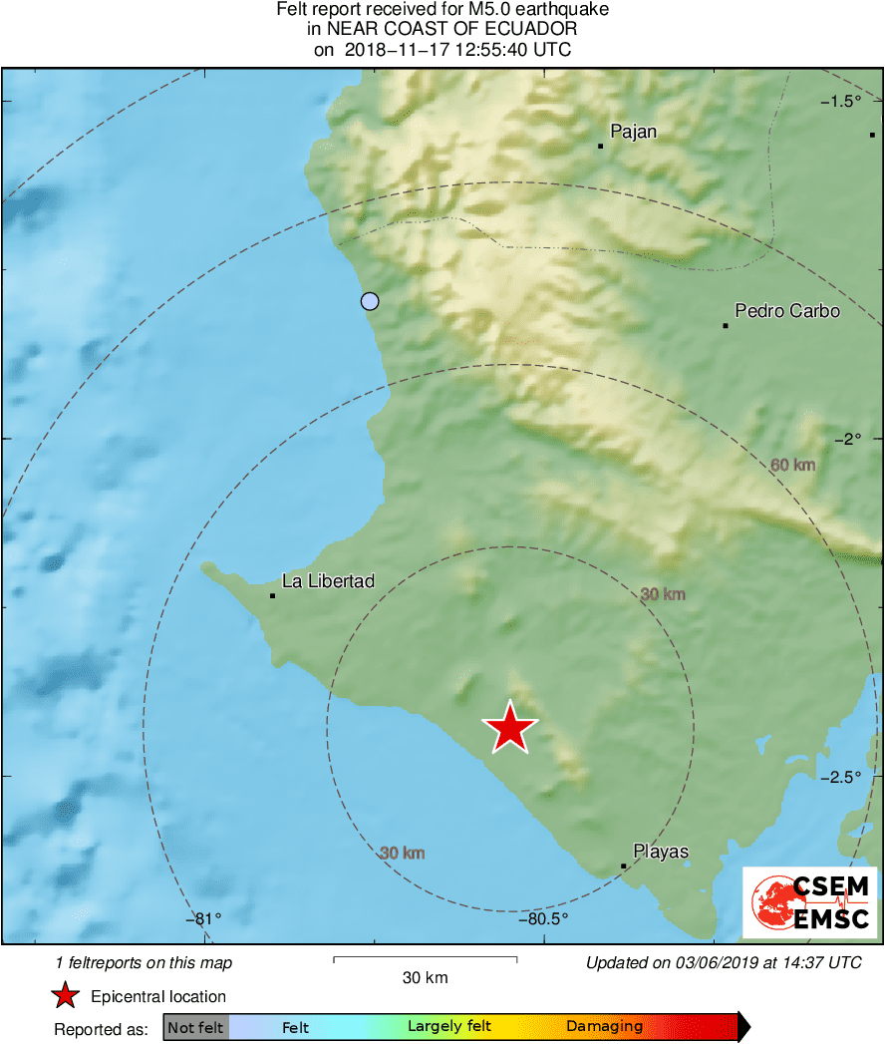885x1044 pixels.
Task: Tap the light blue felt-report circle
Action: [370, 301]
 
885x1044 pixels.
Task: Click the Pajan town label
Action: [634, 131]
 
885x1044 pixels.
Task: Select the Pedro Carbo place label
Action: [786, 311]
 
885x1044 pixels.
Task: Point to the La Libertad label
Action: [328, 580]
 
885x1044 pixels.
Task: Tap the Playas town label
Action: [661, 852]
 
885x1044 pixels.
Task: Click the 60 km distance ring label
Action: [793, 465]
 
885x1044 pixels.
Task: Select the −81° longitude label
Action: [203, 918]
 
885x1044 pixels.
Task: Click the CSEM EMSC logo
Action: [810, 902]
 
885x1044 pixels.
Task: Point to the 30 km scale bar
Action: [425, 959]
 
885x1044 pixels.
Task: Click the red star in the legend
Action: [66, 995]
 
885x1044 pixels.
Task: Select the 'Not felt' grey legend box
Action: [195, 1026]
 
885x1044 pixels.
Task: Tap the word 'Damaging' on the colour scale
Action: [604, 1026]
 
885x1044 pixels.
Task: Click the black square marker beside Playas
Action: [623, 866]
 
